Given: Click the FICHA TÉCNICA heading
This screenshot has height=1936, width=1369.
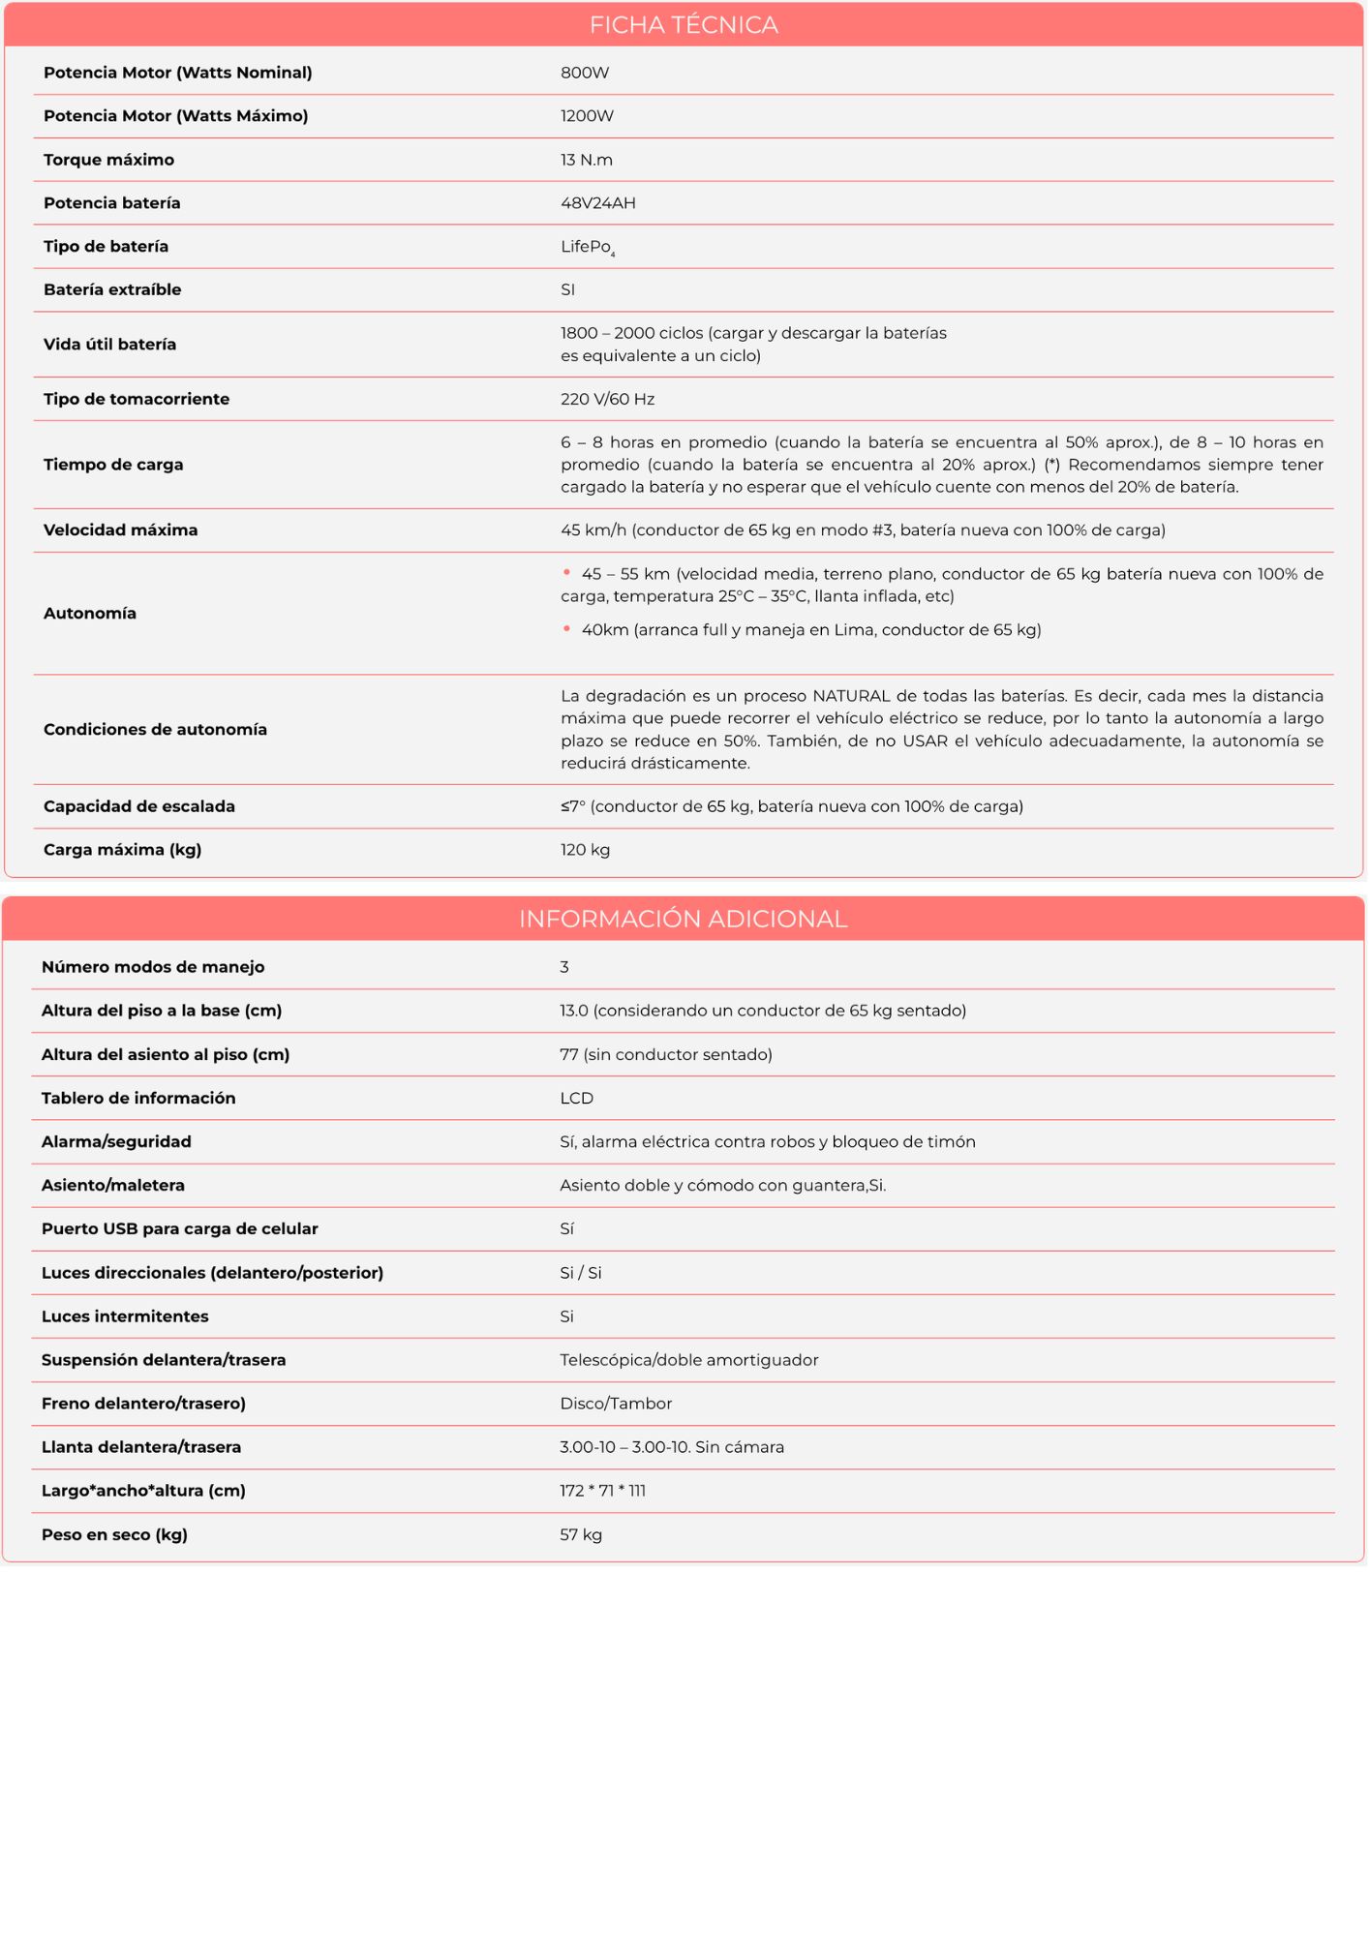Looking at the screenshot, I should pyautogui.click(x=684, y=25).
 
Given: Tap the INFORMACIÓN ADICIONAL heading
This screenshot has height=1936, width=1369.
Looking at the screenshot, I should pyautogui.click(x=683, y=919).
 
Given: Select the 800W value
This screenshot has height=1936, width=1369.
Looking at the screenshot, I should pyautogui.click(x=585, y=73).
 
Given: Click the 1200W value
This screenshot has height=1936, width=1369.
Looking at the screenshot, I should pyautogui.click(x=587, y=116).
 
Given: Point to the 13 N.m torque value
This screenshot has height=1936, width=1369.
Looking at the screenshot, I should pyautogui.click(x=587, y=160).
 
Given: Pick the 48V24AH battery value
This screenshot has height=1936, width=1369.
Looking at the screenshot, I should pyautogui.click(x=598, y=203).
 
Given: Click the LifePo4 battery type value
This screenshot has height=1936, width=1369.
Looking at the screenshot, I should pyautogui.click(x=588, y=247).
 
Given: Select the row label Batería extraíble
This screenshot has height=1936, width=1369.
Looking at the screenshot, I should pyautogui.click(x=112, y=289).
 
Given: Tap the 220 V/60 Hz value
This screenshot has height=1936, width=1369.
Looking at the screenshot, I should pyautogui.click(x=607, y=399).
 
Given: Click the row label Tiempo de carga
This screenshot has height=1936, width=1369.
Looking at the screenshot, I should pyautogui.click(x=113, y=465).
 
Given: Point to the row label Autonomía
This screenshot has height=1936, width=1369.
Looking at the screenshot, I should pyautogui.click(x=90, y=613).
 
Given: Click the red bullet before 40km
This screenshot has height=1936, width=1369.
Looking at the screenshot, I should pyautogui.click(x=566, y=629).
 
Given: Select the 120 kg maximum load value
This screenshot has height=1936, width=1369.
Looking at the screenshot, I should pyautogui.click(x=585, y=850).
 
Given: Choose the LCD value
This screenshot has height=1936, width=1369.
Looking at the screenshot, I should pyautogui.click(x=576, y=1098).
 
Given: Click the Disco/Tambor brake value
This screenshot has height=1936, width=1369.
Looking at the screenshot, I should pyautogui.click(x=616, y=1404).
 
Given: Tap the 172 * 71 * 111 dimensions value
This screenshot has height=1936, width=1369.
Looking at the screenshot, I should pyautogui.click(x=602, y=1491).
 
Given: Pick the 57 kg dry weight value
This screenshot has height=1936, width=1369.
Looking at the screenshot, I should pyautogui.click(x=581, y=1534).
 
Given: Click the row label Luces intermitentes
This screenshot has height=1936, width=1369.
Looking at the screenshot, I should pyautogui.click(x=125, y=1316).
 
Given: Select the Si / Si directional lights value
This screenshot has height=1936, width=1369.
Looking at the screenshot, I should pyautogui.click(x=581, y=1273).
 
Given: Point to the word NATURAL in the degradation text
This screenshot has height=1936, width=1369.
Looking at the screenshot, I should pyautogui.click(x=851, y=696).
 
